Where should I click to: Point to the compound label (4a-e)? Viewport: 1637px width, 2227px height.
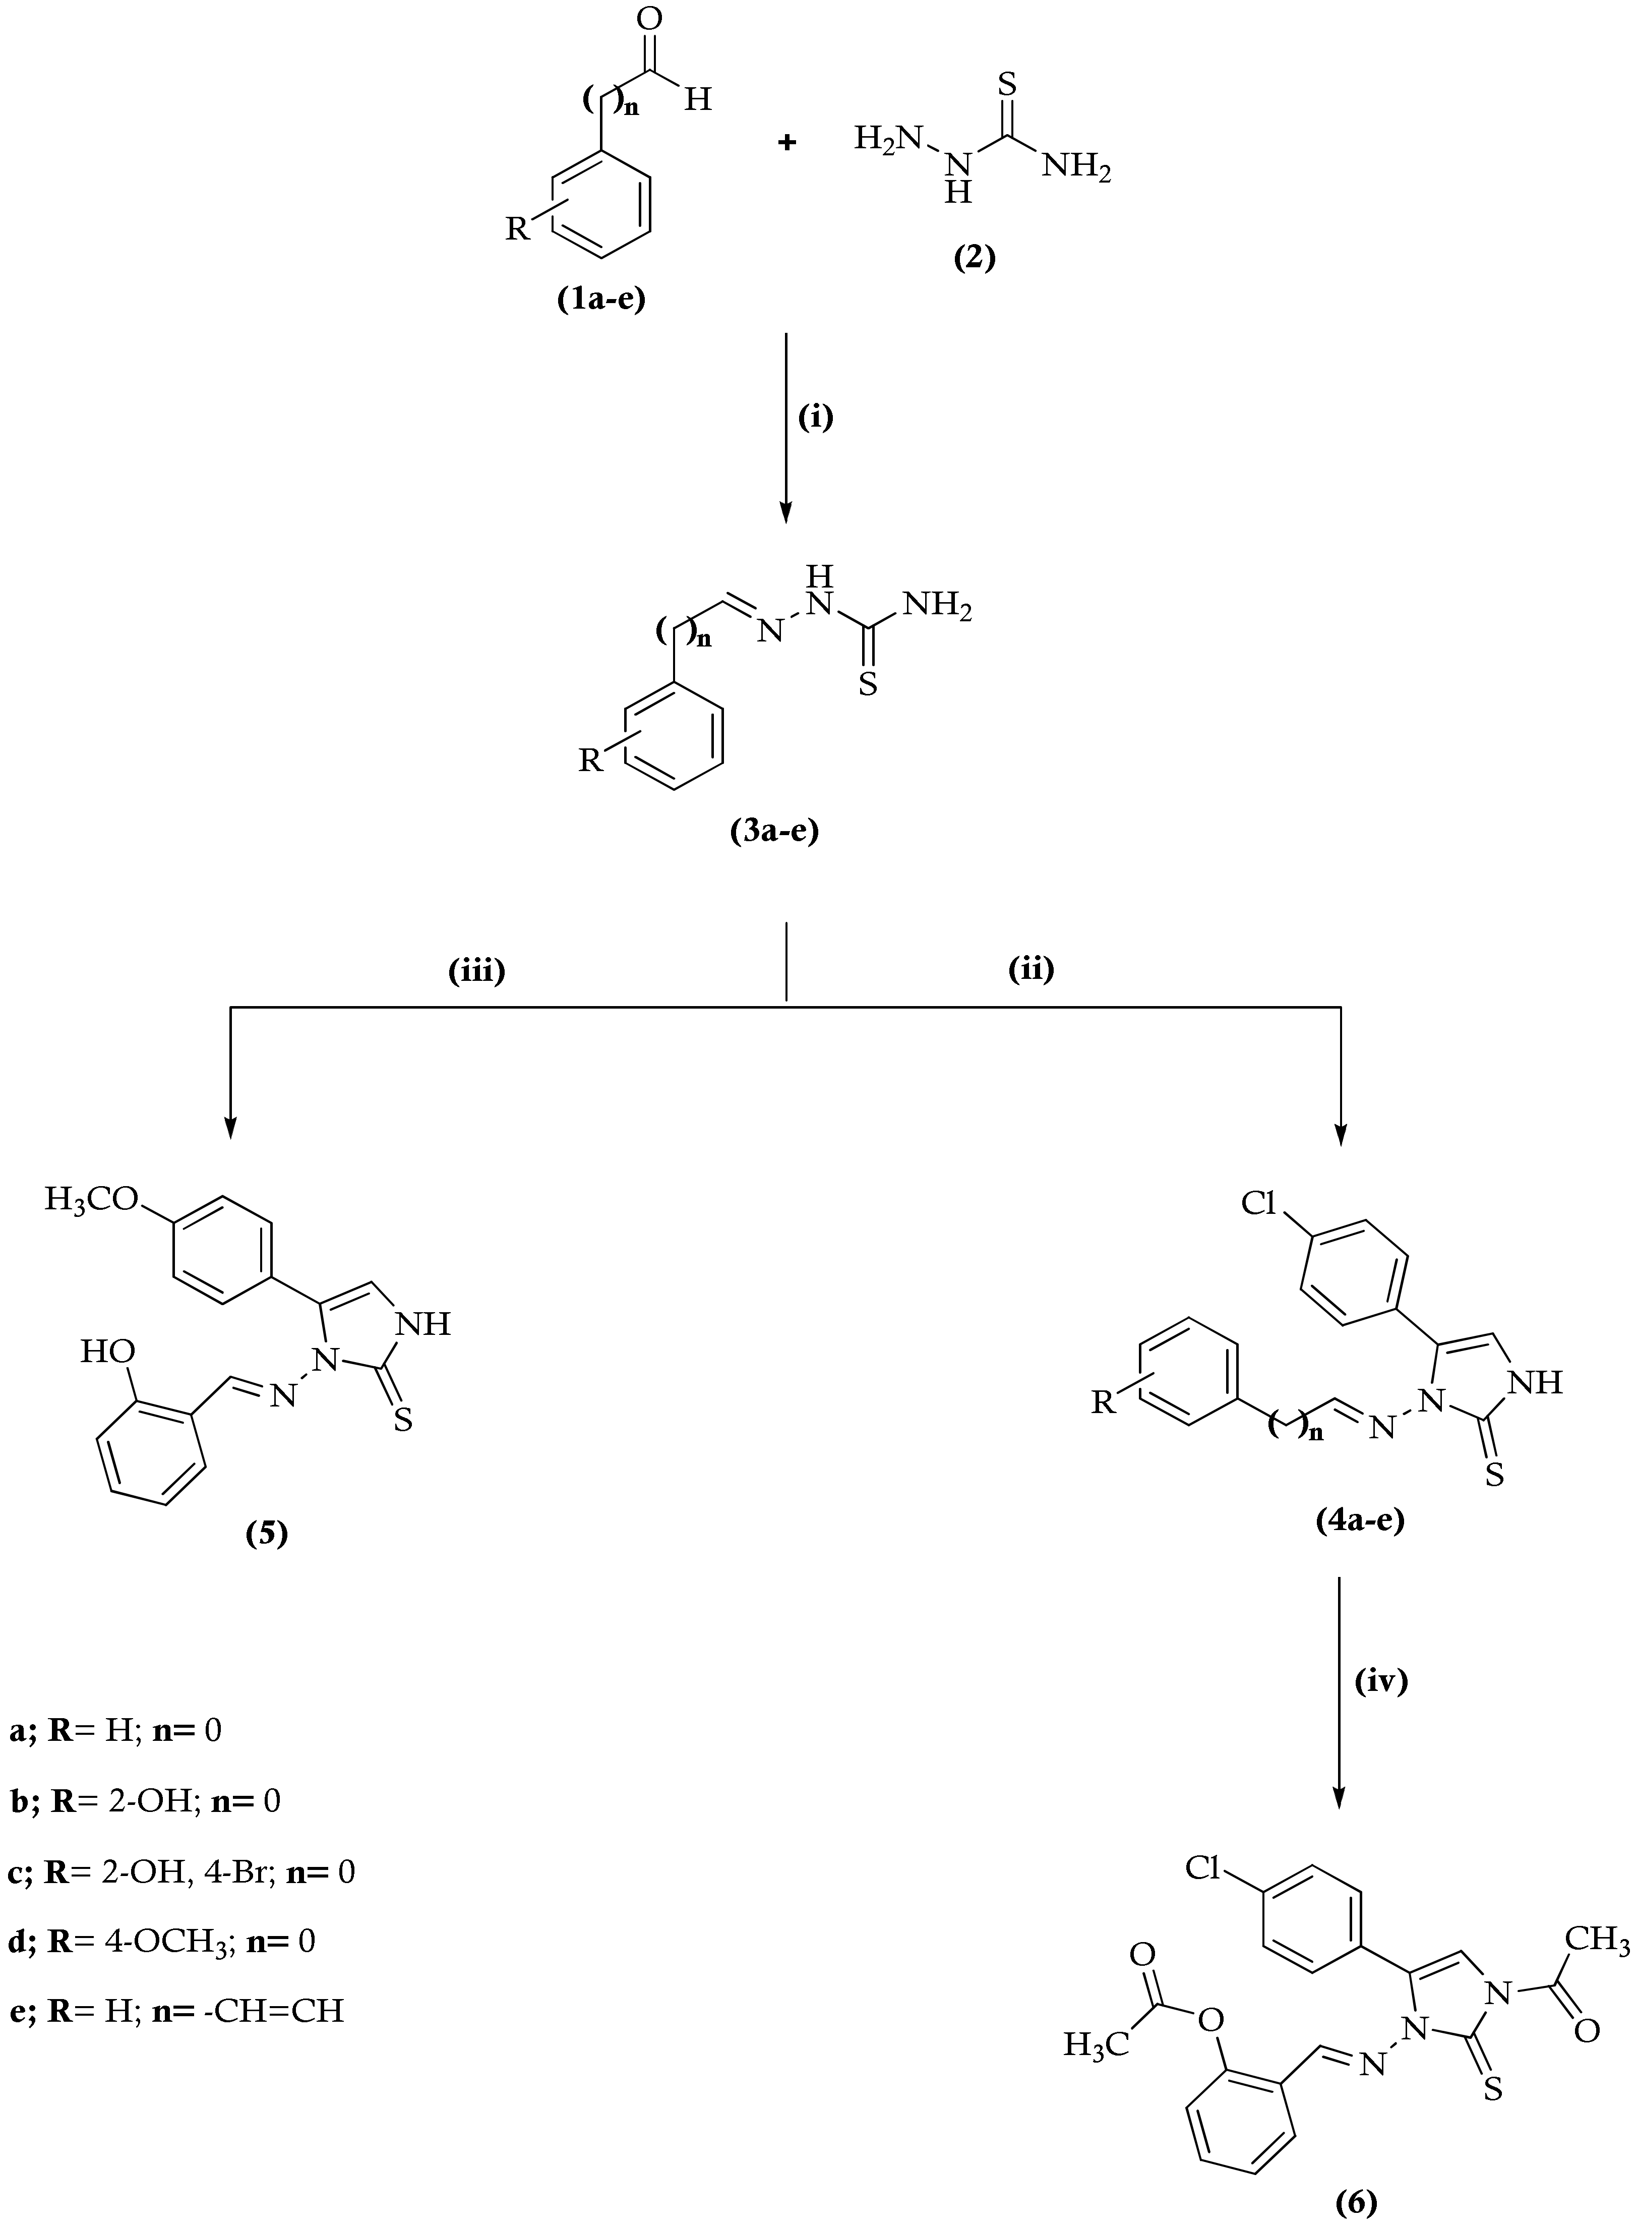tap(1360, 1519)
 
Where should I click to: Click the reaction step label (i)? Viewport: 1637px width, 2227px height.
tap(816, 418)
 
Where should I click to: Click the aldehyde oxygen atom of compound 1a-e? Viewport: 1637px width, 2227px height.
tap(651, 20)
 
